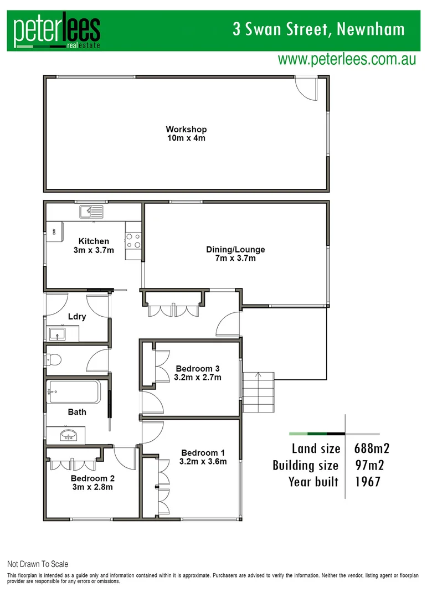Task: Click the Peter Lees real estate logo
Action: (x=57, y=32)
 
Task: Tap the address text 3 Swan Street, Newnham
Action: (x=318, y=29)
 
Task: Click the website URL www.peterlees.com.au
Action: (x=347, y=59)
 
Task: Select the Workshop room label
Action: (x=186, y=130)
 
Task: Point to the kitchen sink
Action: (x=91, y=211)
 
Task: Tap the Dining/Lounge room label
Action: (x=235, y=250)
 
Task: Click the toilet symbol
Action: (x=54, y=360)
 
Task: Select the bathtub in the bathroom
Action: (x=73, y=392)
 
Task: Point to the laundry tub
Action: (x=57, y=334)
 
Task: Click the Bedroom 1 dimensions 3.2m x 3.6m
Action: (x=203, y=461)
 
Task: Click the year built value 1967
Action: (x=368, y=482)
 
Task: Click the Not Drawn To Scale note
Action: (x=38, y=564)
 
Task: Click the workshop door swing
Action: (x=305, y=87)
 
